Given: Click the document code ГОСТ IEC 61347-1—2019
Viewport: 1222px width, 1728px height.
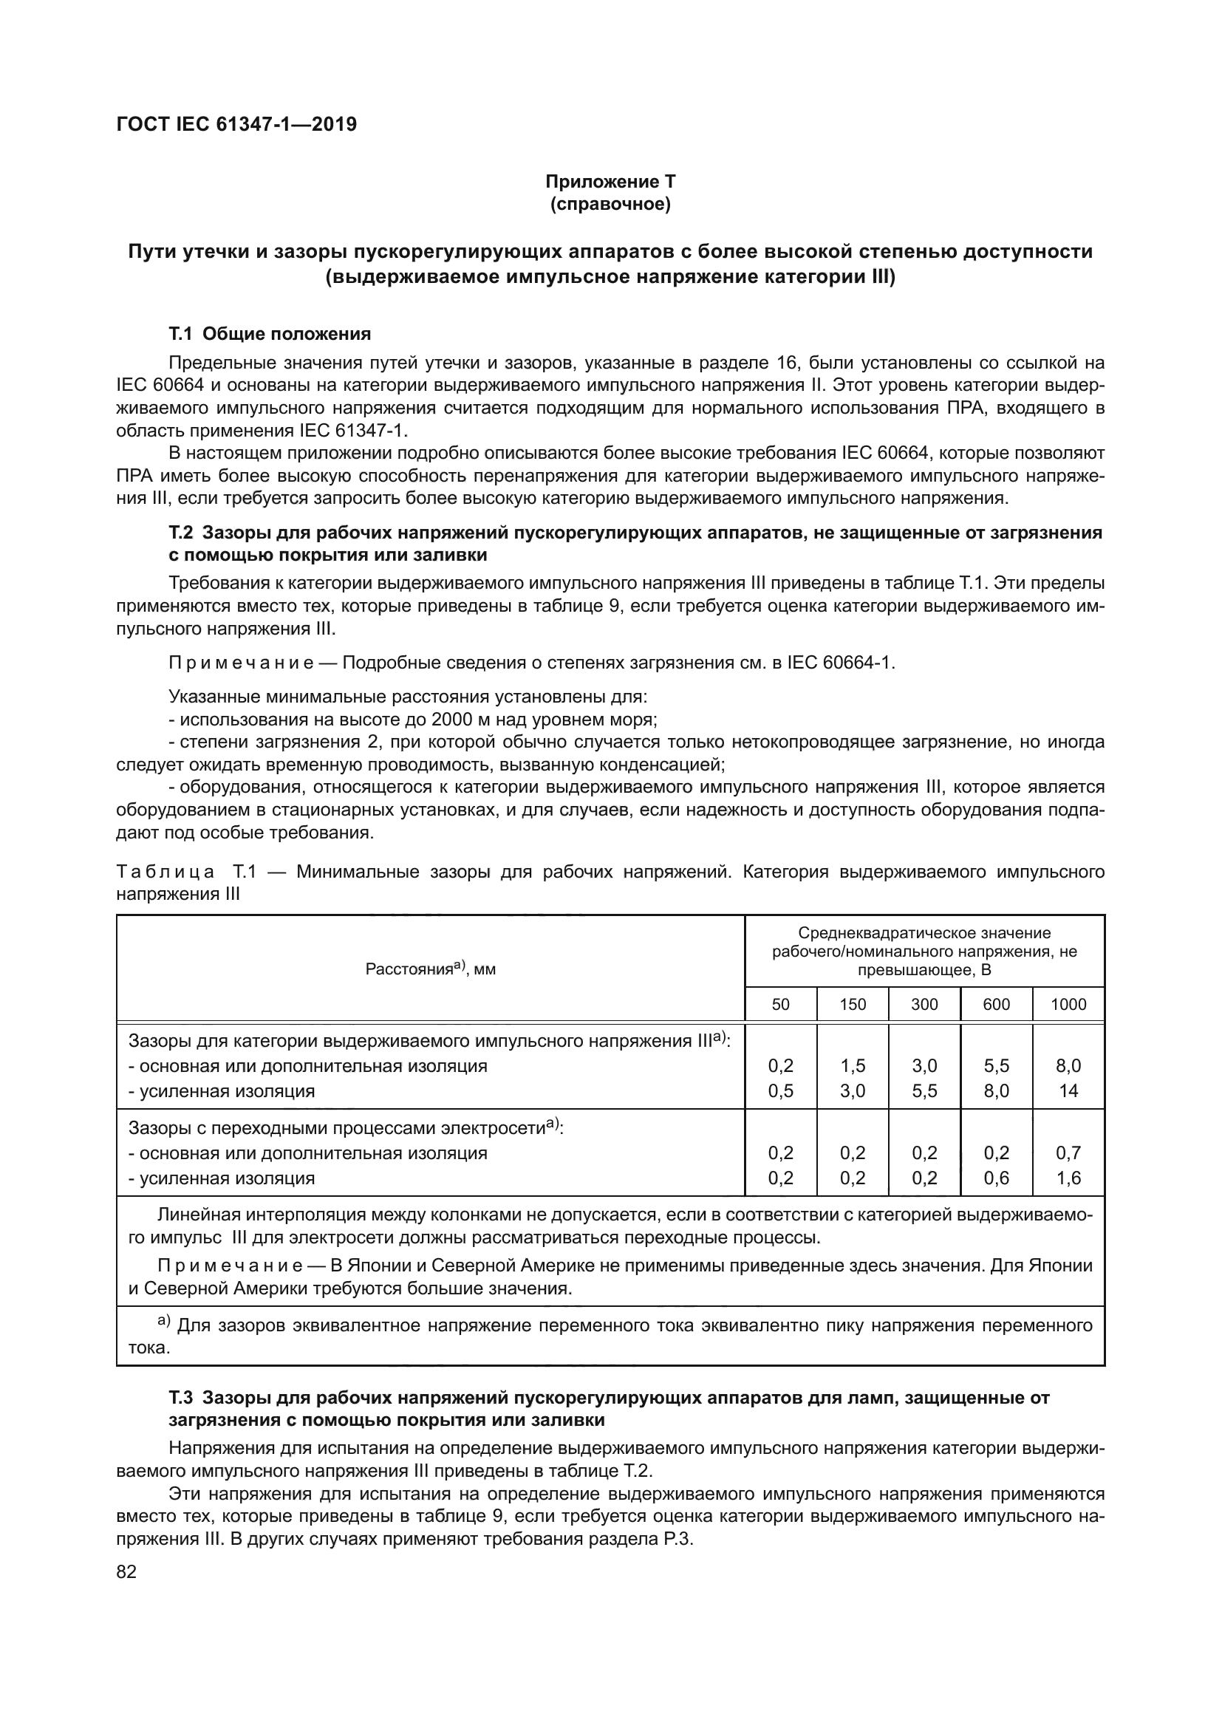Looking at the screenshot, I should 236,124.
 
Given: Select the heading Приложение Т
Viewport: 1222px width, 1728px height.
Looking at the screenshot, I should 610,182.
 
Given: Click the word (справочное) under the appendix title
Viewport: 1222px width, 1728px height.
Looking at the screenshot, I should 610,204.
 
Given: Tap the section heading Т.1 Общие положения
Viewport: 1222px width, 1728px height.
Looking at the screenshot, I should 270,333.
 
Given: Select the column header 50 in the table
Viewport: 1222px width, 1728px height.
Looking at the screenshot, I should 780,1004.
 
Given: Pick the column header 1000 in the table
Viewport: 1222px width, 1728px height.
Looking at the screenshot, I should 1068,1004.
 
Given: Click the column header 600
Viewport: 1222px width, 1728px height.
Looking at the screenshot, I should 996,1004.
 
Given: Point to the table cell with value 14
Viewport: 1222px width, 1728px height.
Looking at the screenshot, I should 1068,1090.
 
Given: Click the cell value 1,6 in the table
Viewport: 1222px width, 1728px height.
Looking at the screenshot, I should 1068,1178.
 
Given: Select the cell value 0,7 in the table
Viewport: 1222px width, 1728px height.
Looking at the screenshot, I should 1068,1153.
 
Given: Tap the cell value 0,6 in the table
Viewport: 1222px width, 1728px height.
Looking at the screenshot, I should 996,1178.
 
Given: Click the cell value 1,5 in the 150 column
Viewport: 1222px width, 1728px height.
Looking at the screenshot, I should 853,1066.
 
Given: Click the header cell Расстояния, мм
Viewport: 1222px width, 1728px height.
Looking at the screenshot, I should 431,969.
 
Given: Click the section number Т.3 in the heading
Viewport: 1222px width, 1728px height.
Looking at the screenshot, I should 180,1398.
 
